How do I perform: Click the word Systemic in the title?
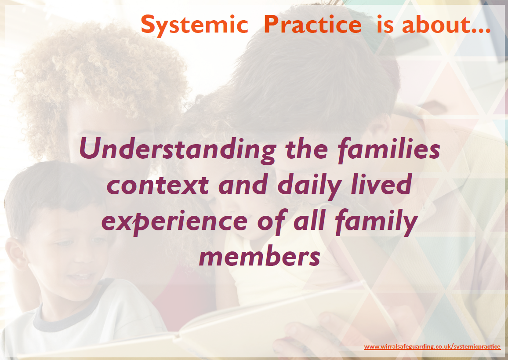[194, 25]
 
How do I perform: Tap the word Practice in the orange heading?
[312, 25]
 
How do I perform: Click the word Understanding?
[177, 150]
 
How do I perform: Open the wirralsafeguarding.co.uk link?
[432, 347]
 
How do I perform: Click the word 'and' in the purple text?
[244, 185]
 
